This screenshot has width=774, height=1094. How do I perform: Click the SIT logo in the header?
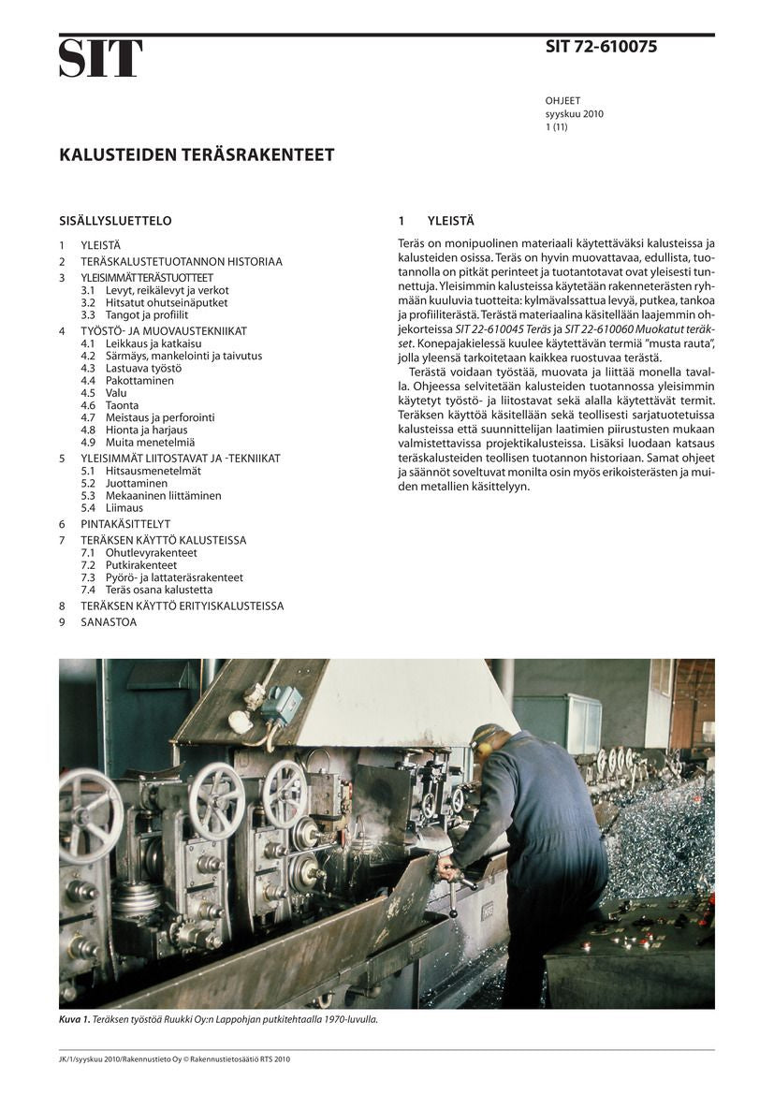pos(101,58)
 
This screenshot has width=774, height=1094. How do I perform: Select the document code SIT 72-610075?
pos(601,47)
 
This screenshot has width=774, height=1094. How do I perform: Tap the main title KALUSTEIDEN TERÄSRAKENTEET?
pos(197,154)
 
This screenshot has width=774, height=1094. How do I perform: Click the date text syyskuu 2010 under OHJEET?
pos(574,114)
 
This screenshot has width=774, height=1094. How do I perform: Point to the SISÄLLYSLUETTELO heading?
pos(115,222)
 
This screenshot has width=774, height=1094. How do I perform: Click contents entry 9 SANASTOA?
pos(103,621)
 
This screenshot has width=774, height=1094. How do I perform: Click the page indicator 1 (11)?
pos(556,126)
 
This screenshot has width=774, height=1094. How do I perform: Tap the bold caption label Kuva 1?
pos(74,1019)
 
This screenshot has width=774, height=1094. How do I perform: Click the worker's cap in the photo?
pos(486,735)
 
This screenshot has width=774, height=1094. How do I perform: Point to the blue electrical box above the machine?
pos(282,704)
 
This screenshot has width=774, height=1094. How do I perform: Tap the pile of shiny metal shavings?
pos(660,833)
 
